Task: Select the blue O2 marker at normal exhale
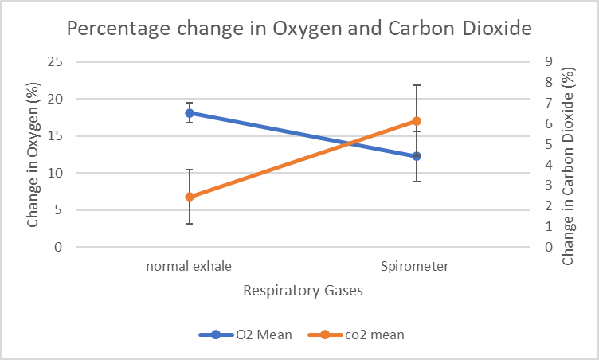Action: [x=190, y=113]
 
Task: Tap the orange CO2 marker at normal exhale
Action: [x=190, y=197]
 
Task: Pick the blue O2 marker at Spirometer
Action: [x=416, y=156]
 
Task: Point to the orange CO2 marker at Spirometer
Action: [x=416, y=121]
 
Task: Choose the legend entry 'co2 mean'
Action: [x=360, y=335]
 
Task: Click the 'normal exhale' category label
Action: [x=190, y=266]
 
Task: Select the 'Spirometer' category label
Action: [x=415, y=266]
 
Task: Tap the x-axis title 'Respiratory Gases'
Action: [x=303, y=291]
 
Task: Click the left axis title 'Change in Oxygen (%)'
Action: [x=33, y=155]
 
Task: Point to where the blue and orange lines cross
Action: [x=348, y=143]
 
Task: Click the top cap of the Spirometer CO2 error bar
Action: [x=416, y=85]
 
